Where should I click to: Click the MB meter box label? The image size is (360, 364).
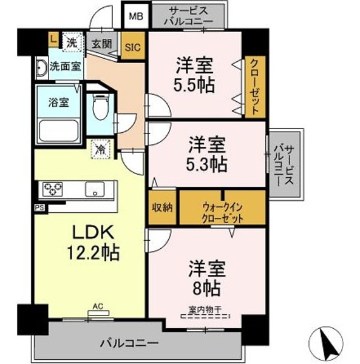click(x=135, y=16)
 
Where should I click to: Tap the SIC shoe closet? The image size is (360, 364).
click(x=133, y=45)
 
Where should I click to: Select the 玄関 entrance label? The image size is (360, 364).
click(x=101, y=44)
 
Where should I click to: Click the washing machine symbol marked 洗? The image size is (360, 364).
click(x=72, y=42)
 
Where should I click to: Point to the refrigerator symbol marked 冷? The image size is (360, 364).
click(x=101, y=149)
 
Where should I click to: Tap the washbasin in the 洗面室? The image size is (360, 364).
click(x=42, y=68)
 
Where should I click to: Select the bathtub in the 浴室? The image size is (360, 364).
click(x=58, y=130)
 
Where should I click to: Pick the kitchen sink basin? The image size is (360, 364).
click(x=95, y=189)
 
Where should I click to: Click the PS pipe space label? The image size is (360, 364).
click(x=39, y=207)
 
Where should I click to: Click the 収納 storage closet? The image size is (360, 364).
click(x=162, y=207)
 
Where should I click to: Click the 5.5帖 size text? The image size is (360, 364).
click(x=194, y=85)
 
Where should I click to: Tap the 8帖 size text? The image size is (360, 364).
click(x=206, y=288)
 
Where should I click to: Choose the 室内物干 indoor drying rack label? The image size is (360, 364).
click(x=205, y=309)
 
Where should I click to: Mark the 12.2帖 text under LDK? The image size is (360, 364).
click(x=93, y=253)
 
